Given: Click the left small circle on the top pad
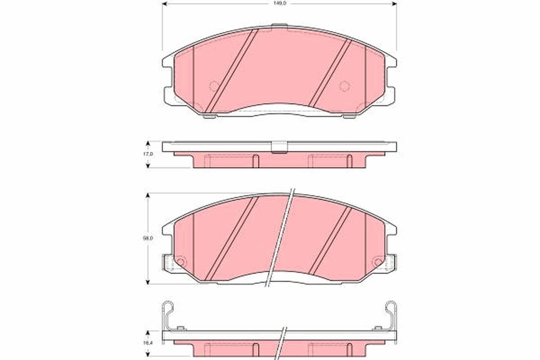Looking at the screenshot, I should [214, 85].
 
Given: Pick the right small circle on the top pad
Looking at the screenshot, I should [344, 85].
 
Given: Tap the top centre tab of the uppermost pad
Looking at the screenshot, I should [279, 25].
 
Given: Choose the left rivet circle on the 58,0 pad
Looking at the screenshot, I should [180, 261].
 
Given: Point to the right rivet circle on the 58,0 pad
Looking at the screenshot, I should [378, 261].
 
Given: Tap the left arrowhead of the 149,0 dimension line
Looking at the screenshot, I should [164, 4].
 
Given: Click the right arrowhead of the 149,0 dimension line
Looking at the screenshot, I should [394, 4].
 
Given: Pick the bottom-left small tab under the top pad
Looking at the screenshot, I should [209, 116].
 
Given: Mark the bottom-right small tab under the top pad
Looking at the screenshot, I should [349, 116].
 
